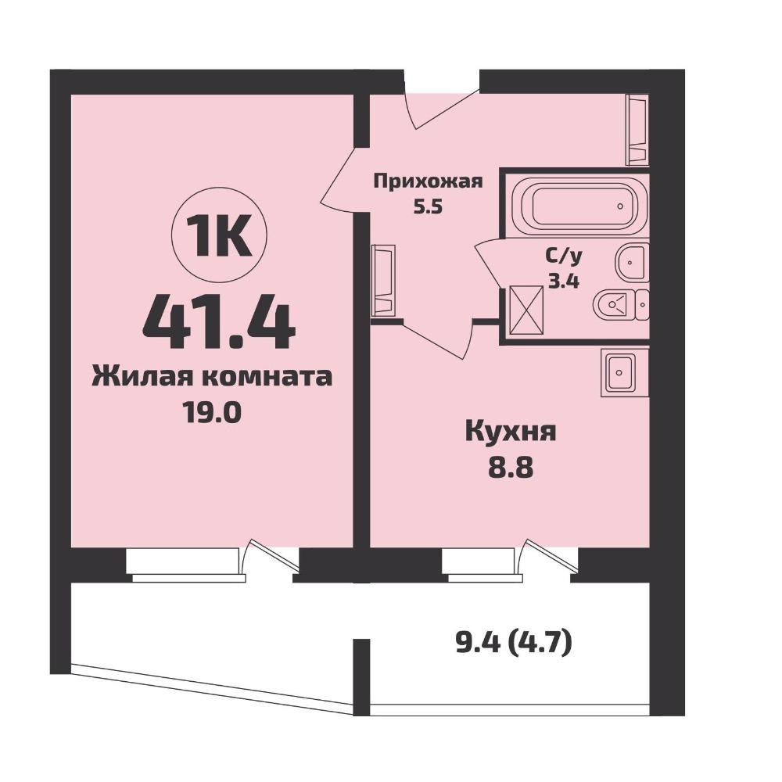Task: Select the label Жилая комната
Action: pyautogui.click(x=212, y=377)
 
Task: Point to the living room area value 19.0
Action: pyautogui.click(x=213, y=414)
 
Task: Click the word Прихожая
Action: pyautogui.click(x=428, y=181)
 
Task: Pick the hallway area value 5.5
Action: pyautogui.click(x=428, y=206)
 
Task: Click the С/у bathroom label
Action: pyautogui.click(x=564, y=257)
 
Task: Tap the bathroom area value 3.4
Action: pyautogui.click(x=564, y=282)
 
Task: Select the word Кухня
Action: pyautogui.click(x=510, y=432)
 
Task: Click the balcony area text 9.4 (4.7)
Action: pyautogui.click(x=514, y=644)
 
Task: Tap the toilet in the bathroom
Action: pyautogui.click(x=621, y=303)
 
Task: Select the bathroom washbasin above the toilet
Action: pyautogui.click(x=633, y=263)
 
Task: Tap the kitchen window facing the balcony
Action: pyautogui.click(x=481, y=564)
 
